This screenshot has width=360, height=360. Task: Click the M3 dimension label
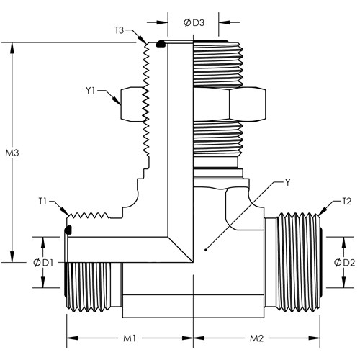pos(12,153)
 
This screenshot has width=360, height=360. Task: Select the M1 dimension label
pos(130,338)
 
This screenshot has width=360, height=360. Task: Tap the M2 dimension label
pos(257,338)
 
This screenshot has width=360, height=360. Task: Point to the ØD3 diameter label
pos(194,23)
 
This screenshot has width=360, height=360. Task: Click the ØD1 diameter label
pos(43,263)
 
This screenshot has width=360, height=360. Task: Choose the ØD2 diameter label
pos(344,263)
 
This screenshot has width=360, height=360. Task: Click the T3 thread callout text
pos(120,30)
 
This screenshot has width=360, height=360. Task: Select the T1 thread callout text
pos(42,202)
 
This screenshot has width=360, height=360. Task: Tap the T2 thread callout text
pos(346,202)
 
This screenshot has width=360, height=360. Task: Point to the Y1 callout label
pos(91,91)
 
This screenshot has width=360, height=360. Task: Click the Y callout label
pos(287,183)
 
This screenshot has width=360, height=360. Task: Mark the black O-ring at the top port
pos(160,44)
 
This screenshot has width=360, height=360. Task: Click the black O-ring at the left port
pos(68,230)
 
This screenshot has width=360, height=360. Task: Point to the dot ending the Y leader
pos(205,250)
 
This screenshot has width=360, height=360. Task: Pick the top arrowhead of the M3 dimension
pos(12,48)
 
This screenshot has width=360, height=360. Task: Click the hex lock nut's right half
pos(248,104)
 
